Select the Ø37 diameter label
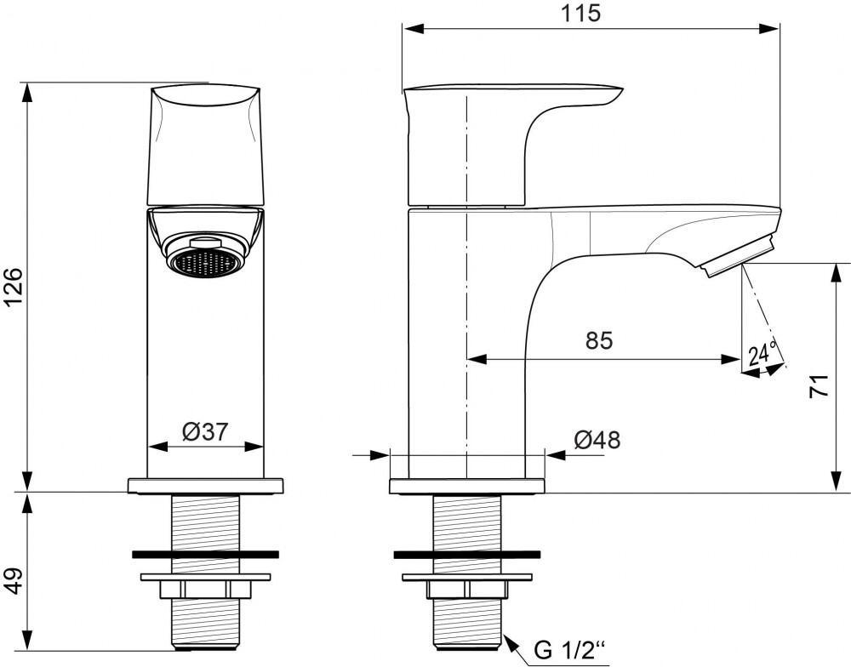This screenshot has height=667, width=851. pos(205,432)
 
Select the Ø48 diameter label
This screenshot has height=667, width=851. pos(597,440)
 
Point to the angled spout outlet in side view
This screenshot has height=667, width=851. pos(738,255)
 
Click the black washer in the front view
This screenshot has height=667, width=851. pos(205,555)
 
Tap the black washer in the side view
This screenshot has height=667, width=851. pos(467,555)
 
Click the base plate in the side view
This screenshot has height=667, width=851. pos(466,487)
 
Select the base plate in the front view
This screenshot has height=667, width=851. pos(205,486)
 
